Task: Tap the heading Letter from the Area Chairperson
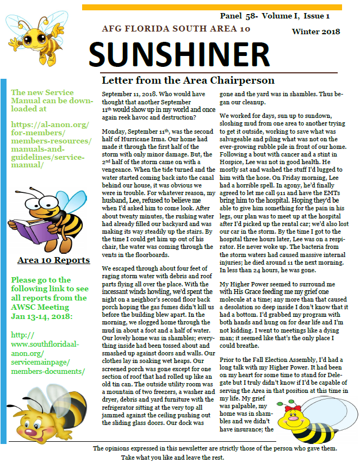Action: (x=188, y=81)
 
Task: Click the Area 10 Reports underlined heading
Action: (x=53, y=260)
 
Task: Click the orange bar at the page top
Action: (x=212, y=7)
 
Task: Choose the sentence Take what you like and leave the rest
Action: (x=172, y=457)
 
